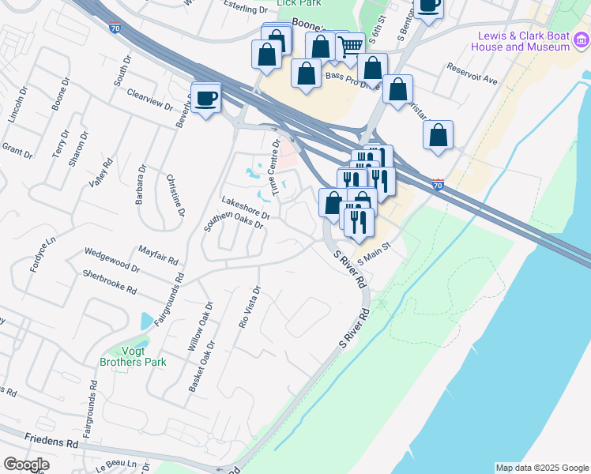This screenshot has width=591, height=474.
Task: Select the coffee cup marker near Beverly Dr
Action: [206, 99]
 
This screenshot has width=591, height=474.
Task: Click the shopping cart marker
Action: [350, 47]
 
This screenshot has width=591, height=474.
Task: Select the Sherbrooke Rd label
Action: [110, 281]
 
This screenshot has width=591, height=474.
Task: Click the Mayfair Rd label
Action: [158, 253]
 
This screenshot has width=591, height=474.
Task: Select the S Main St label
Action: [375, 254]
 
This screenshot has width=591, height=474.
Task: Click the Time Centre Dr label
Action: [276, 167]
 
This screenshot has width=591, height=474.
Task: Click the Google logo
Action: [26, 465]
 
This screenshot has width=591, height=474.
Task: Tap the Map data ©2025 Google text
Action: [541, 468]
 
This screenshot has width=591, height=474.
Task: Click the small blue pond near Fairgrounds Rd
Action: [146, 321]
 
